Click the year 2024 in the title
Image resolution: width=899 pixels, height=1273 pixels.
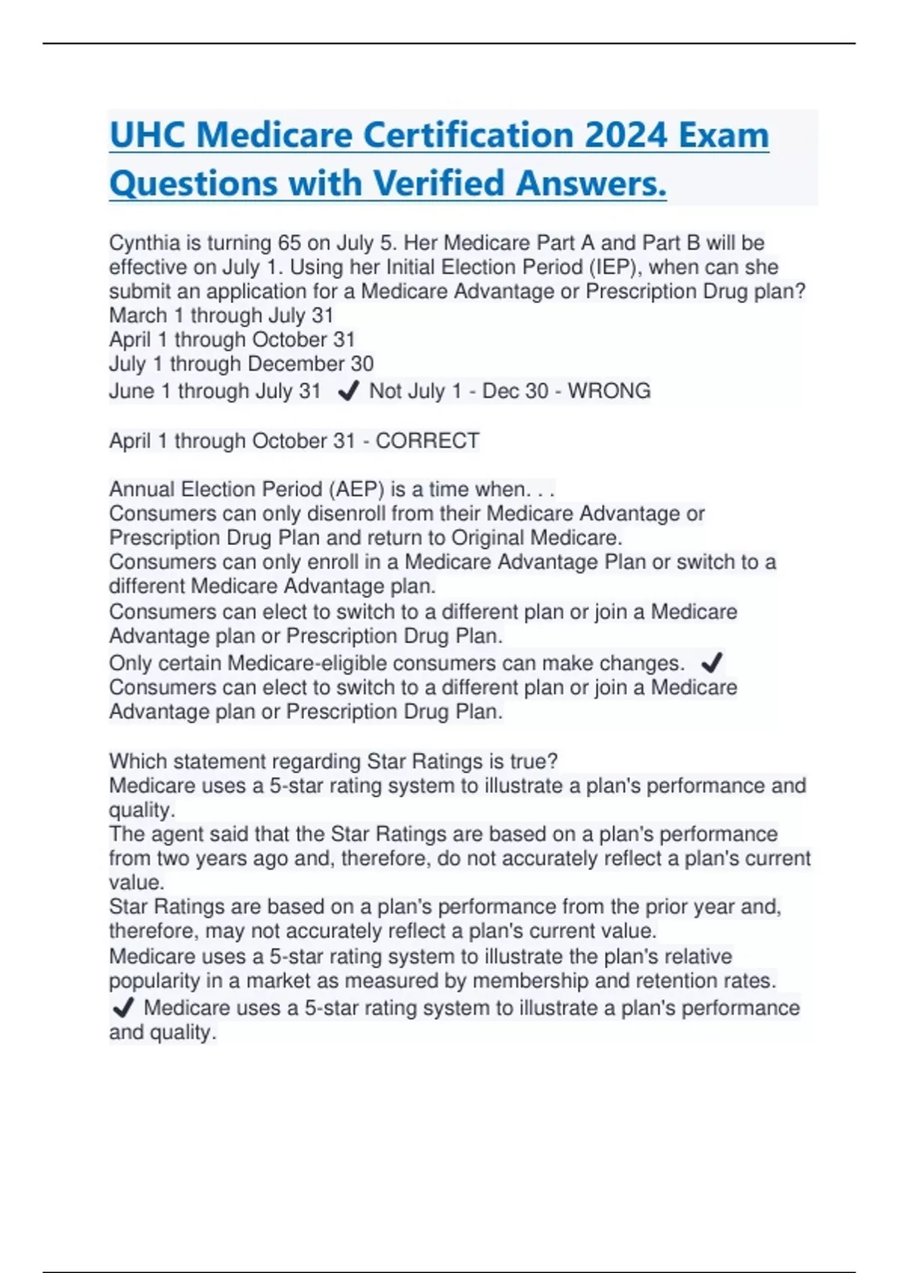(626, 136)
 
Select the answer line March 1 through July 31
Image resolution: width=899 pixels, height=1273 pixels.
(221, 315)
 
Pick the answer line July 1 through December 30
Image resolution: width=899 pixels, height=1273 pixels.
(241, 364)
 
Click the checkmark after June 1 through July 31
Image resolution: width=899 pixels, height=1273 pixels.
(348, 391)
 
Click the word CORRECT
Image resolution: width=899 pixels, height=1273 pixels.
(427, 441)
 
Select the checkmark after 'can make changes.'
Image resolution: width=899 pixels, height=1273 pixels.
(712, 663)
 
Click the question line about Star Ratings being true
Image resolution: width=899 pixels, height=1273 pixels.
(333, 762)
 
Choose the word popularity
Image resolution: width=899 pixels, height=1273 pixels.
(144, 981)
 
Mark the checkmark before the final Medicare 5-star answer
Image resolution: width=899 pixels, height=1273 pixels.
(123, 1008)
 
